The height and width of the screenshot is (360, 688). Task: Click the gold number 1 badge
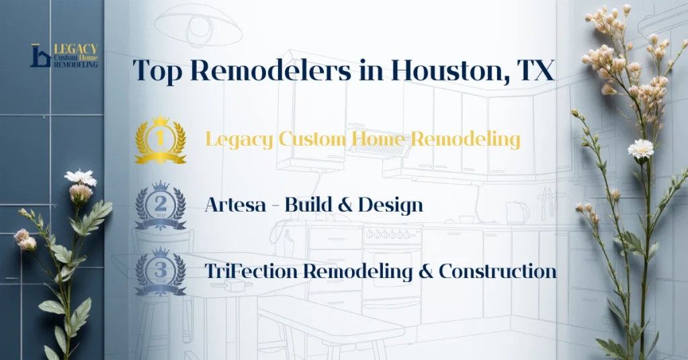(x=161, y=140)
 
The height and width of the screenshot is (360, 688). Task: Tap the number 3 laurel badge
(x=161, y=271)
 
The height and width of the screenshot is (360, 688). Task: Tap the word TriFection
(x=252, y=271)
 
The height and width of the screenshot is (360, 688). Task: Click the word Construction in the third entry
(x=498, y=271)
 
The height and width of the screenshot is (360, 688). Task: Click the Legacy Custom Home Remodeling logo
(x=64, y=56)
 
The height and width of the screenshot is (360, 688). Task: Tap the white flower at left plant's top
(x=81, y=177)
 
